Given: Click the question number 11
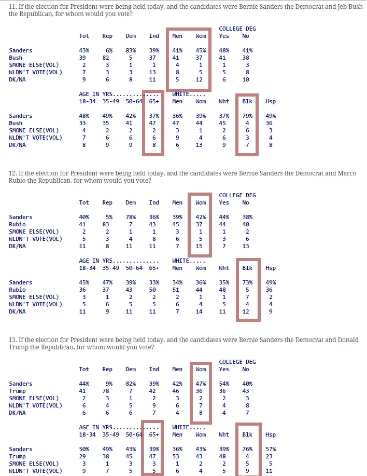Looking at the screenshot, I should point(12,6).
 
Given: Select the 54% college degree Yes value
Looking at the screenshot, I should point(224,384).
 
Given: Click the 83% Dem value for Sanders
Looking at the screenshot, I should point(131,50).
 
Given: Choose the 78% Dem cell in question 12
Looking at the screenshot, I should point(131,217).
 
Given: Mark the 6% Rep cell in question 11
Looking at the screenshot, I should point(109,50).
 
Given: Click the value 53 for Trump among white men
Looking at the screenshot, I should point(177,456).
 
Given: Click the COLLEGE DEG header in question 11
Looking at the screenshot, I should point(237,29).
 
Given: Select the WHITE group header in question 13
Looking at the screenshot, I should point(182,427).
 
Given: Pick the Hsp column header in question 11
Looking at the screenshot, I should point(270,101).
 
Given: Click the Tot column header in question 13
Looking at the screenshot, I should point(84,369).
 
